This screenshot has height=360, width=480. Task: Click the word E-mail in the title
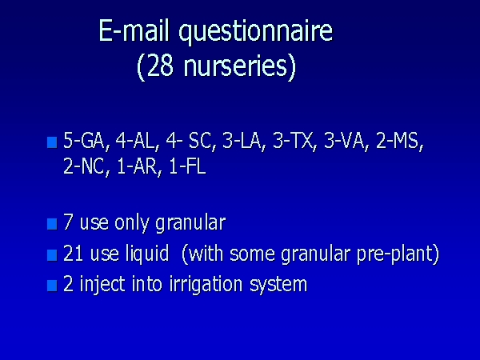pyautogui.click(x=134, y=30)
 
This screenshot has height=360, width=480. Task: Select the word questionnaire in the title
pyautogui.click(x=256, y=33)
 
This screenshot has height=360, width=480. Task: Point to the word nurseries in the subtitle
pyautogui.click(x=235, y=66)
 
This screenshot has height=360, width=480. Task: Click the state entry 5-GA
pyautogui.click(x=84, y=141)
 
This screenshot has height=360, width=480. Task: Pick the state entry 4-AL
pyautogui.click(x=134, y=141)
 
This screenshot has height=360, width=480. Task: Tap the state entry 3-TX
pyautogui.click(x=291, y=141)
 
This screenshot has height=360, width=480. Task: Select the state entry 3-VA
pyautogui.click(x=342, y=141)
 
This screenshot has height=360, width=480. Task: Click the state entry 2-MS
pyautogui.click(x=397, y=141)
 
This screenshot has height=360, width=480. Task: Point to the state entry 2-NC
pyautogui.click(x=83, y=167)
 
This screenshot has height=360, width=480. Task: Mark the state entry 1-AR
pyautogui.click(x=136, y=167)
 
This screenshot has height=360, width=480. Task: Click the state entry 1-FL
pyautogui.click(x=187, y=167)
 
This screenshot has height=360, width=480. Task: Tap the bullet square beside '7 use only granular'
pyautogui.click(x=52, y=224)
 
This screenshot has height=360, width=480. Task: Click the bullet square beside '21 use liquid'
pyautogui.click(x=52, y=255)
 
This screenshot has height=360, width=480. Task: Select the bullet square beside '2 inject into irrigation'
pyautogui.click(x=52, y=286)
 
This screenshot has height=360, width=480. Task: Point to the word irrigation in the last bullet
pyautogui.click(x=206, y=285)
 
